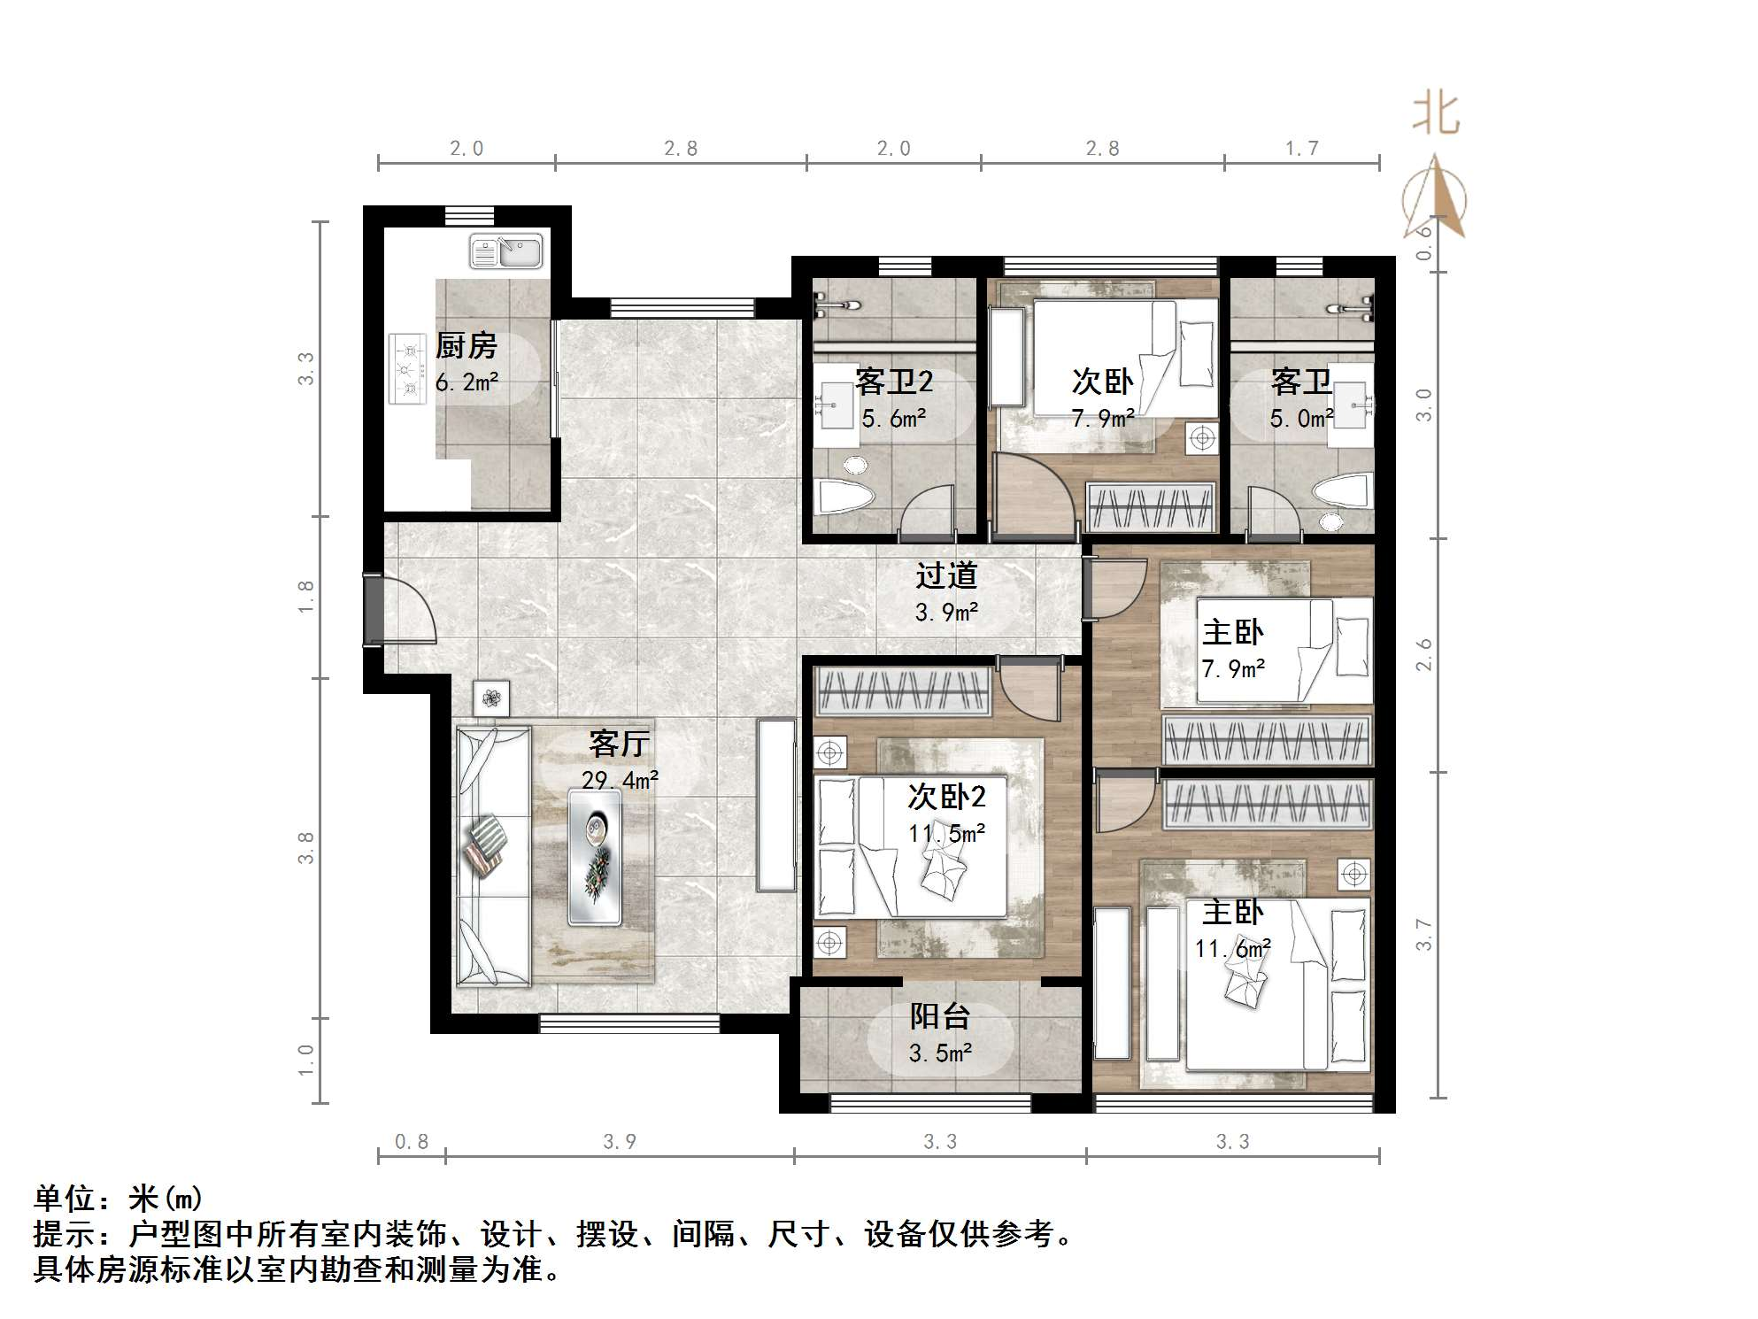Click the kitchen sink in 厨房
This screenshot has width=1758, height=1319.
[x=505, y=251]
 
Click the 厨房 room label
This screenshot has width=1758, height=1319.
[x=466, y=345]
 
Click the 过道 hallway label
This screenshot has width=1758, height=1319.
[x=945, y=575]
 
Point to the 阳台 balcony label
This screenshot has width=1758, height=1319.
[x=940, y=1015]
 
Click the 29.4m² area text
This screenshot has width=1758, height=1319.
[x=620, y=780]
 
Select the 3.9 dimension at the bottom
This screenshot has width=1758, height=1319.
[x=619, y=1142]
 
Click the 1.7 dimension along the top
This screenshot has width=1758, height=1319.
[x=1301, y=149]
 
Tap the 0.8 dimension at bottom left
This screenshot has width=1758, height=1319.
[x=411, y=1142]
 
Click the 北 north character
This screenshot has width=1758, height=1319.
[x=1435, y=115]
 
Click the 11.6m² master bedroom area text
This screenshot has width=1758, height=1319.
[x=1232, y=949]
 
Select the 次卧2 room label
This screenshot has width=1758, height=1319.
[x=945, y=797]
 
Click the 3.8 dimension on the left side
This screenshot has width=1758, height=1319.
[x=305, y=847]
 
